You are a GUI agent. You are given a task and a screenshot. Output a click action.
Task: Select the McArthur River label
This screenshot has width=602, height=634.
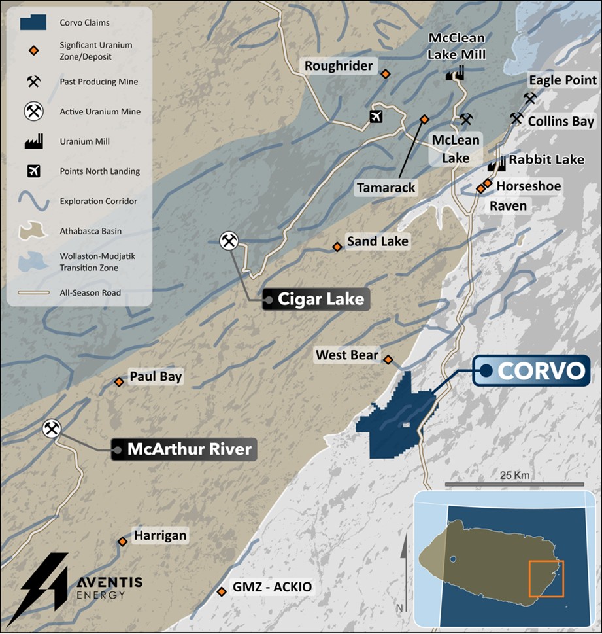point(183,449)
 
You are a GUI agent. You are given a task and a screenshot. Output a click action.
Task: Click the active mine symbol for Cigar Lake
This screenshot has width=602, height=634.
point(229,241)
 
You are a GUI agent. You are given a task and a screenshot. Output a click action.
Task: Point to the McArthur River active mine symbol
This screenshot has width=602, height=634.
point(52,429)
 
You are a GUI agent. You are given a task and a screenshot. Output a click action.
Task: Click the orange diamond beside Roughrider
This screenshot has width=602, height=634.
point(386,74)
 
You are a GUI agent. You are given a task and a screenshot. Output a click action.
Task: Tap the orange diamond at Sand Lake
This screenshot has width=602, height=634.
point(337,247)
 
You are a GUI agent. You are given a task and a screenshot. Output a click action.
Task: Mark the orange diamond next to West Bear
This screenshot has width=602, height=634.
point(388,359)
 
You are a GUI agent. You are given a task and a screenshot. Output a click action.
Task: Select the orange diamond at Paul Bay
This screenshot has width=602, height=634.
point(119,381)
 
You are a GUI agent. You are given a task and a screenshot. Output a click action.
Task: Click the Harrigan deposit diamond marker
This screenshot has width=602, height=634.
point(122,541)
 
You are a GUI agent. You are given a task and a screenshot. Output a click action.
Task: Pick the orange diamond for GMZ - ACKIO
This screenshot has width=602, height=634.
point(221,591)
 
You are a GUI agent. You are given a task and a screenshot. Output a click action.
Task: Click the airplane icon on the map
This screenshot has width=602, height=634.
point(376,116)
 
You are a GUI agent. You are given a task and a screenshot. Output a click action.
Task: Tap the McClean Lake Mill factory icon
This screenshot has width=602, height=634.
point(455,73)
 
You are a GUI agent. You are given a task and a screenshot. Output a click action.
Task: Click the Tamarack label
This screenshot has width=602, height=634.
point(386,188)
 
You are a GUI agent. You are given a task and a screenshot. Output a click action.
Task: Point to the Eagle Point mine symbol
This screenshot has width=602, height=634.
point(529,97)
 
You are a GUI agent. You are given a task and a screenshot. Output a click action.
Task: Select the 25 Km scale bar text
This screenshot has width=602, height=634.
point(514,474)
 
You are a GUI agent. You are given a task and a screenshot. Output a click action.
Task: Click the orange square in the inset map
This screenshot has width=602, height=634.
point(546,578)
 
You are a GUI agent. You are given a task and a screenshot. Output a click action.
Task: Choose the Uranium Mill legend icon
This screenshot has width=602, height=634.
point(33,141)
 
